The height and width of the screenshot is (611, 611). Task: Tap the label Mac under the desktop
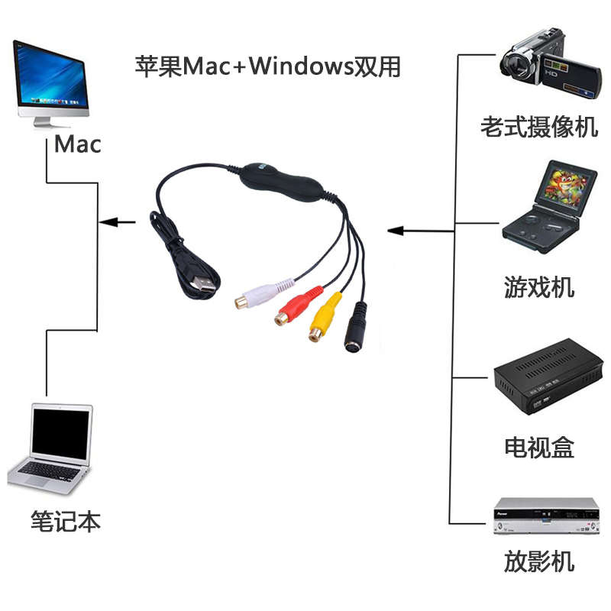pyautogui.click(x=78, y=144)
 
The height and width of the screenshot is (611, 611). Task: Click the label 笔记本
pyautogui.click(x=66, y=522)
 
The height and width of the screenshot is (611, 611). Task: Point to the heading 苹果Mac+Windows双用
pyautogui.click(x=267, y=66)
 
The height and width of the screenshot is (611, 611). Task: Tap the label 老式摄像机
pyautogui.click(x=539, y=127)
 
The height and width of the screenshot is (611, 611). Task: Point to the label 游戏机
pyautogui.click(x=538, y=288)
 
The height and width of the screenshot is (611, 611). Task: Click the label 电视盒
pyautogui.click(x=538, y=447)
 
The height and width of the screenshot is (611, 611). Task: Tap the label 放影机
pyautogui.click(x=538, y=563)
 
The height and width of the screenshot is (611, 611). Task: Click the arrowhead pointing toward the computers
pyautogui.click(x=109, y=223)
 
